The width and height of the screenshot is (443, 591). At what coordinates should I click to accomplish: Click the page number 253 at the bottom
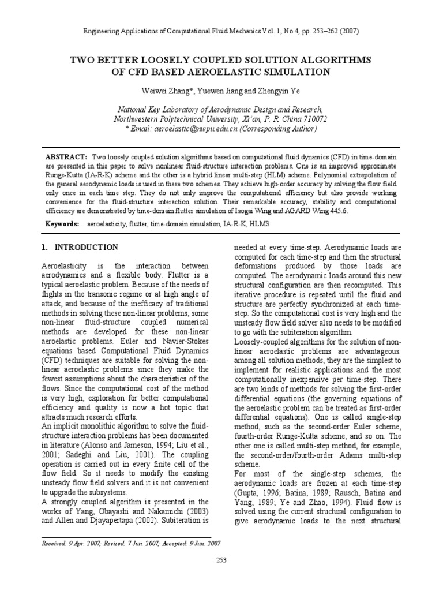[221, 559]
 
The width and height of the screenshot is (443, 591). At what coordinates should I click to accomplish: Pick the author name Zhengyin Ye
[275, 92]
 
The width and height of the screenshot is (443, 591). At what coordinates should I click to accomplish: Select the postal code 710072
[312, 119]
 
